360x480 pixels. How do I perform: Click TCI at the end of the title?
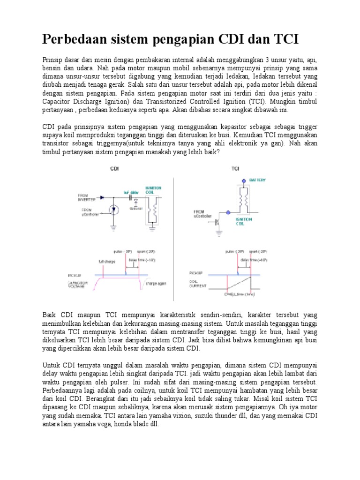tap(283, 39)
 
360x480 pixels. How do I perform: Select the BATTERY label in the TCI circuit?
tap(258, 180)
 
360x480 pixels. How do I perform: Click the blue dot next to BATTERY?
tap(243, 180)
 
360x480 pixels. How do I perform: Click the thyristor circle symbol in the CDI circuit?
tap(112, 210)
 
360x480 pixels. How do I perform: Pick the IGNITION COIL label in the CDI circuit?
tap(155, 189)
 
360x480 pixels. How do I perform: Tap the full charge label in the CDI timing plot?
tap(105, 261)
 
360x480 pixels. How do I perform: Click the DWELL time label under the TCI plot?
tap(240, 294)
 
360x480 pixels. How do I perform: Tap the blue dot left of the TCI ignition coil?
tap(228, 212)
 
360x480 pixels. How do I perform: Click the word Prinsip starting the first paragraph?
tap(52, 60)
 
